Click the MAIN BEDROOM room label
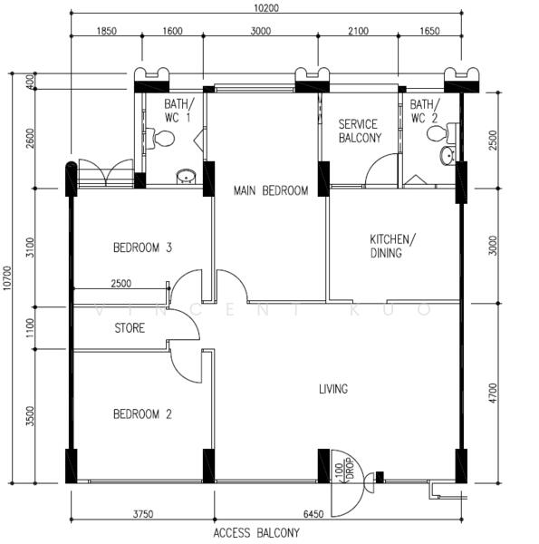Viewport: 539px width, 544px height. [x=271, y=190]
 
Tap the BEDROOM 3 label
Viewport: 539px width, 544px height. [x=142, y=248]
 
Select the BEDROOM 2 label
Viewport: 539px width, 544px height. [x=142, y=414]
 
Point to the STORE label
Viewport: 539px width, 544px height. [x=130, y=328]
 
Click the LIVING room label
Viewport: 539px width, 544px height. [x=333, y=389]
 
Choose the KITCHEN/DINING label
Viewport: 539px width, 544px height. [x=392, y=246]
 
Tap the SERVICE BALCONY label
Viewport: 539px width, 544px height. [x=360, y=131]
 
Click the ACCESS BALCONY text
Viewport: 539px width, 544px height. [x=256, y=532]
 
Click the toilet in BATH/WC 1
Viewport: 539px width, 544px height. [x=160, y=139]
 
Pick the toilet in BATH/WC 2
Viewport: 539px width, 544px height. [x=442, y=134]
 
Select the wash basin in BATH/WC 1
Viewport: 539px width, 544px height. [x=187, y=177]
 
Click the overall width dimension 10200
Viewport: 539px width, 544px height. [x=265, y=7]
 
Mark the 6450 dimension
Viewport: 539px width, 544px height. [x=313, y=514]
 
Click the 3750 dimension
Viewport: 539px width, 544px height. [x=143, y=514]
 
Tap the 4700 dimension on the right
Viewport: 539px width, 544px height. [x=493, y=393]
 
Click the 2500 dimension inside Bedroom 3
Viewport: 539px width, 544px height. [x=121, y=284]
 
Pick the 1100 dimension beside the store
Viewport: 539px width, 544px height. [x=30, y=328]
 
